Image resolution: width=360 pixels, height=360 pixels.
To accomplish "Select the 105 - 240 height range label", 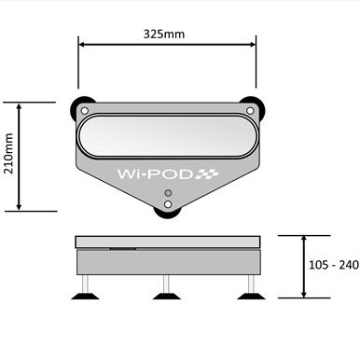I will [333, 265].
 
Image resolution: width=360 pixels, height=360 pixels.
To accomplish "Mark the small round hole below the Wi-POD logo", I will [168, 194].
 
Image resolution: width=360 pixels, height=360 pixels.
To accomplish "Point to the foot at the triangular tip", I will [168, 211].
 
